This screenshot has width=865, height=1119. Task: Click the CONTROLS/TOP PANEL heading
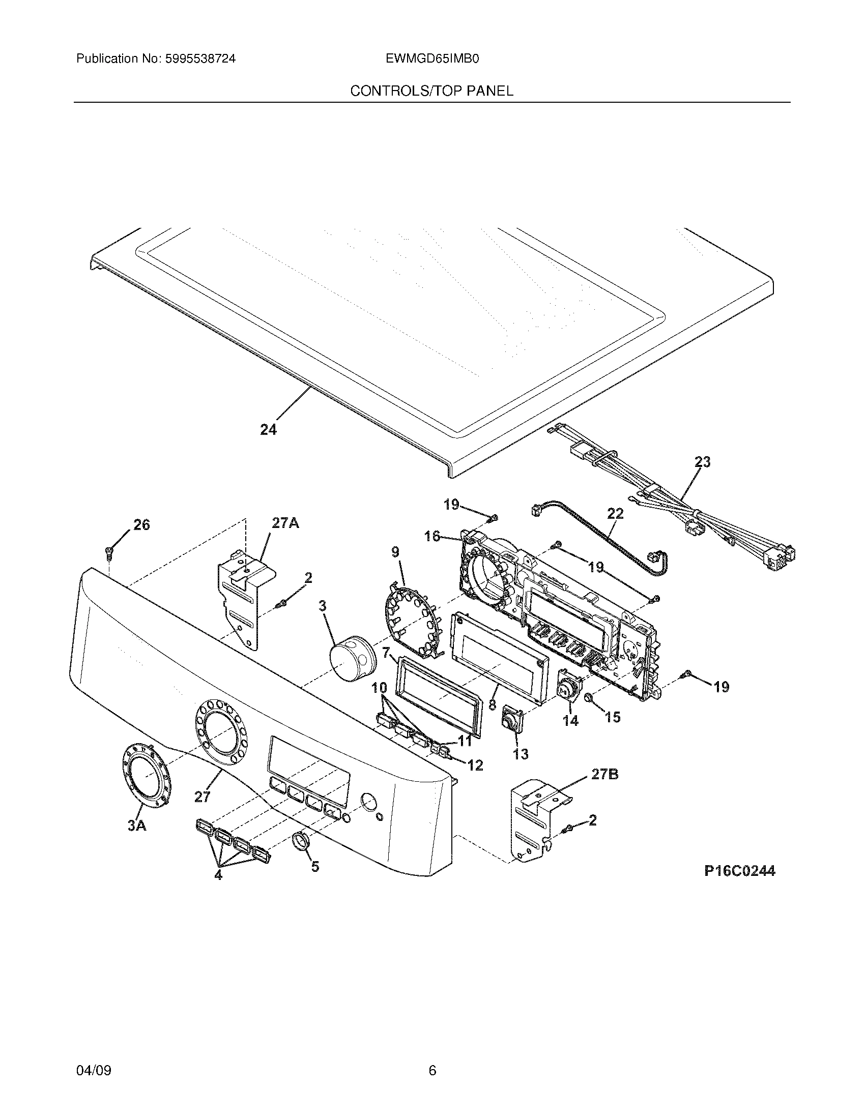(x=431, y=91)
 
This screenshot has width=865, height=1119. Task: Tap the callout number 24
(x=268, y=430)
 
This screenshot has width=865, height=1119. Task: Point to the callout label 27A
(x=285, y=523)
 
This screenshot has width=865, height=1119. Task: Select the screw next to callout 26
(x=109, y=551)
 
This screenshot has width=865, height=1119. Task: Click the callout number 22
(x=615, y=513)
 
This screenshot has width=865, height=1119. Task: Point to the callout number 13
(x=521, y=754)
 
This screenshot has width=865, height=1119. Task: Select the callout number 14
(x=570, y=720)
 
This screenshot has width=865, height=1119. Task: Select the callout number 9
(x=395, y=552)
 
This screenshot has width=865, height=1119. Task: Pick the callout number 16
(x=432, y=536)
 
